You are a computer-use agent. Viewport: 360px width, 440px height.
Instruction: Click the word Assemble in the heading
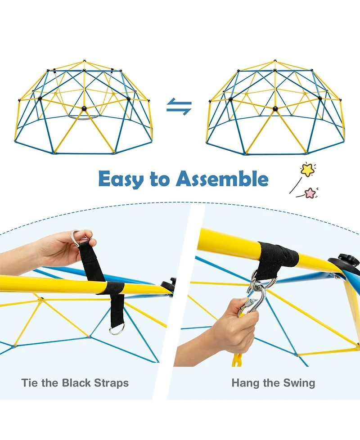222,179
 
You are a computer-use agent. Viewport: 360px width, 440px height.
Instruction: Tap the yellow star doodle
307,169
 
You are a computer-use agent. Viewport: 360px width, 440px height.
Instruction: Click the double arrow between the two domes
179,107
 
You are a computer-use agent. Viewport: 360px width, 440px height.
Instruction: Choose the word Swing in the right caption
299,383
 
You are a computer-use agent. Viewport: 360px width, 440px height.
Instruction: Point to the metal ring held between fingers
76,238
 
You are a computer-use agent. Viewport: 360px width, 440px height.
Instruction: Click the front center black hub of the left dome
83,108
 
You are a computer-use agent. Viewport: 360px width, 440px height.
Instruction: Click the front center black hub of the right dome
275,108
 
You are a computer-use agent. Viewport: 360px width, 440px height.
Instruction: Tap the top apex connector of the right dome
275,61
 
